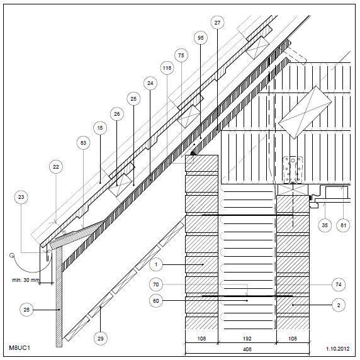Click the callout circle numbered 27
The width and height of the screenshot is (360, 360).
pyautogui.click(x=217, y=23)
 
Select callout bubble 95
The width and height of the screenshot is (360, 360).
pyautogui.click(x=200, y=38)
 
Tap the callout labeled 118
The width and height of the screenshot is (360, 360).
pyautogui.click(x=167, y=68)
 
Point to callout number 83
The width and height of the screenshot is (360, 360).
pyautogui.click(x=83, y=143)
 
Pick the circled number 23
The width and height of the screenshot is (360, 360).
pyautogui.click(x=21, y=197)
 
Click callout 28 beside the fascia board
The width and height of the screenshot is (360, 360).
pyautogui.click(x=26, y=310)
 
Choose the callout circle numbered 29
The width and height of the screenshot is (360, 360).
pyautogui.click(x=101, y=339)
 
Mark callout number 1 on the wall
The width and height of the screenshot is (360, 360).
pyautogui.click(x=156, y=264)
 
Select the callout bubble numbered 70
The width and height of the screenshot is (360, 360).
pyautogui.click(x=156, y=284)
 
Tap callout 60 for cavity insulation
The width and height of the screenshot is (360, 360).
pyautogui.click(x=156, y=301)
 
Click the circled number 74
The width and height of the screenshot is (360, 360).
pyautogui.click(x=339, y=284)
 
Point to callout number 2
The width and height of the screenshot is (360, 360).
pyautogui.click(x=339, y=305)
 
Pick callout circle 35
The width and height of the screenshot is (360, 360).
pyautogui.click(x=325, y=225)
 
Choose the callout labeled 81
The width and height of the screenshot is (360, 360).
pyautogui.click(x=343, y=225)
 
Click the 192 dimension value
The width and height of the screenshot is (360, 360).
pyautogui.click(x=247, y=339)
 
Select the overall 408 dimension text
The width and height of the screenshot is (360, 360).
pyautogui.click(x=247, y=349)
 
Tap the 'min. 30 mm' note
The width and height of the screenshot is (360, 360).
pyautogui.click(x=26, y=280)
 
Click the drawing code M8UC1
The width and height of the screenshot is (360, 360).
pyautogui.click(x=20, y=347)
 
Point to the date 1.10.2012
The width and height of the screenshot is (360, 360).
pyautogui.click(x=338, y=349)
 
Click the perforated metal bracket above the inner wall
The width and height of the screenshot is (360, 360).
pyautogui.click(x=293, y=170)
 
